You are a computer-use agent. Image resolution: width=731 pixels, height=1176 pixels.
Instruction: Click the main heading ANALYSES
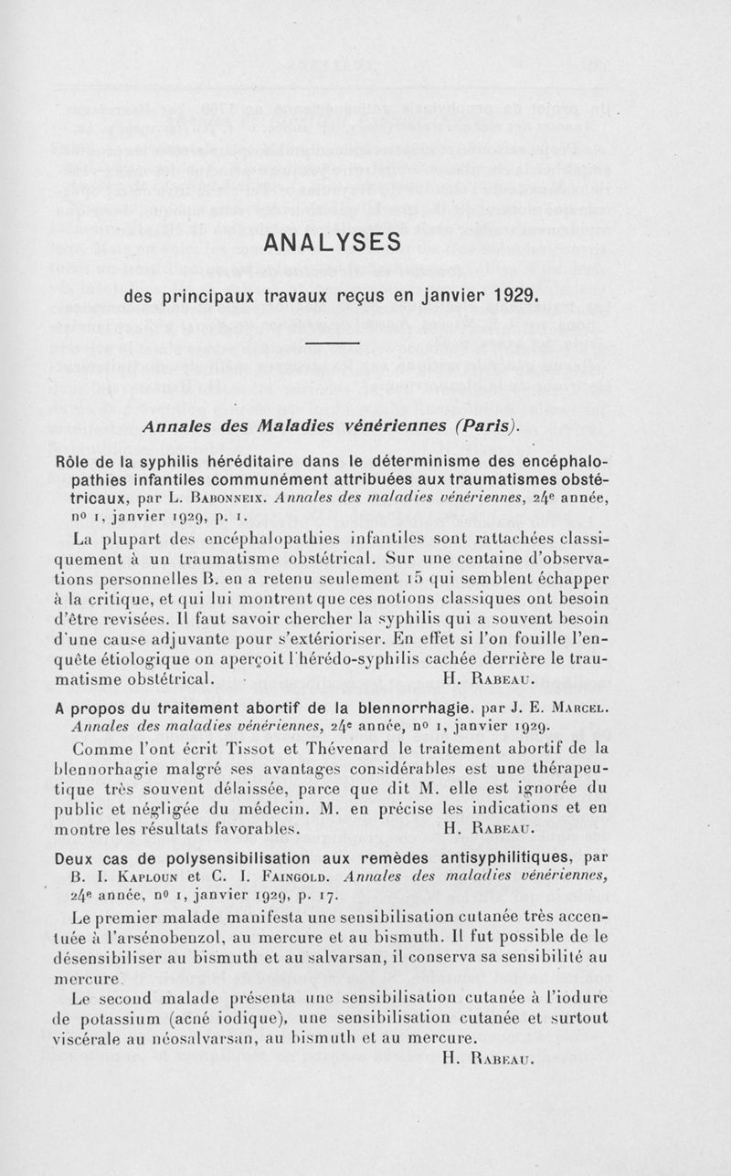[332, 244]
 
